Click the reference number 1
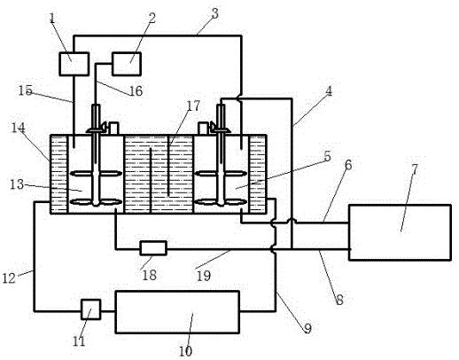point(52,19)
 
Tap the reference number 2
point(152,18)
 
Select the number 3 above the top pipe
point(215,13)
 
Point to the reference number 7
point(415,169)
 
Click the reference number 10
point(185,351)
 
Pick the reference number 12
point(9,278)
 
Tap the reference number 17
point(193,106)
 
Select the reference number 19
point(204,276)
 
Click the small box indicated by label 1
point(74,64)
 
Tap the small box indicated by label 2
point(127,64)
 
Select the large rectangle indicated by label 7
point(400,232)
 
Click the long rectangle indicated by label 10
point(177,312)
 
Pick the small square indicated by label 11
point(91,309)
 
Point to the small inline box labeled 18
point(153,248)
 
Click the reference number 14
point(19,128)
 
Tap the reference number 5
point(327,156)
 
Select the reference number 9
point(307,328)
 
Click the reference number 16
point(136,91)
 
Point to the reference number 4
point(329,91)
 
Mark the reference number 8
point(339,300)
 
